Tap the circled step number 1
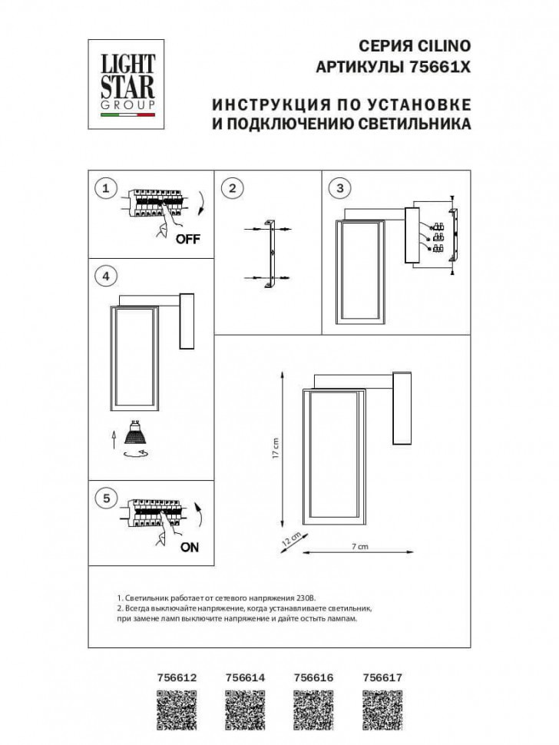point(107,188)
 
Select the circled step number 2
point(231,188)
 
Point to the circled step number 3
point(339,188)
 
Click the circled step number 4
point(107,276)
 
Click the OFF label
point(187,239)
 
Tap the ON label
point(189,548)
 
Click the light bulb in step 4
point(135,435)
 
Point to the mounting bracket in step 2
point(270,254)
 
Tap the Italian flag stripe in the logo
point(127,115)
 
